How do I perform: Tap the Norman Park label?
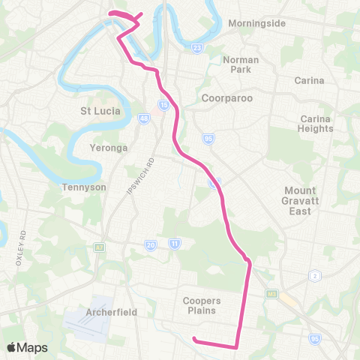coord(241,64)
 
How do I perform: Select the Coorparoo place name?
coord(226,97)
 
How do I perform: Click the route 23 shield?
coord(196,48)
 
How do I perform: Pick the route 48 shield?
coord(143,118)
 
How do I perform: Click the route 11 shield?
coord(175,244)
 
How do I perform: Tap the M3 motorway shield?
coord(271,295)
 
